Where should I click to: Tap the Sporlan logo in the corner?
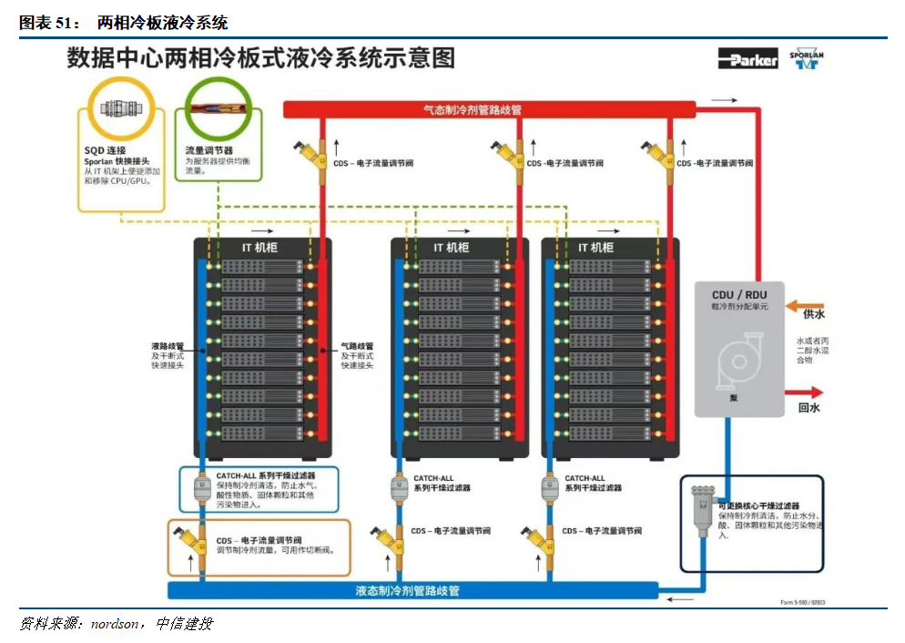(806, 59)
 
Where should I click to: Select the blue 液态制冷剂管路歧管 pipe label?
(407, 591)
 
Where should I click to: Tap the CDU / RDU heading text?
(738, 294)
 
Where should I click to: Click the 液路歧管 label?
(168, 346)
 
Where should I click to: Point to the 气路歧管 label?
(357, 346)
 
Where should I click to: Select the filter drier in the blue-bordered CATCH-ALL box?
(203, 490)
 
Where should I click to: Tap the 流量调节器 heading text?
(208, 149)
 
